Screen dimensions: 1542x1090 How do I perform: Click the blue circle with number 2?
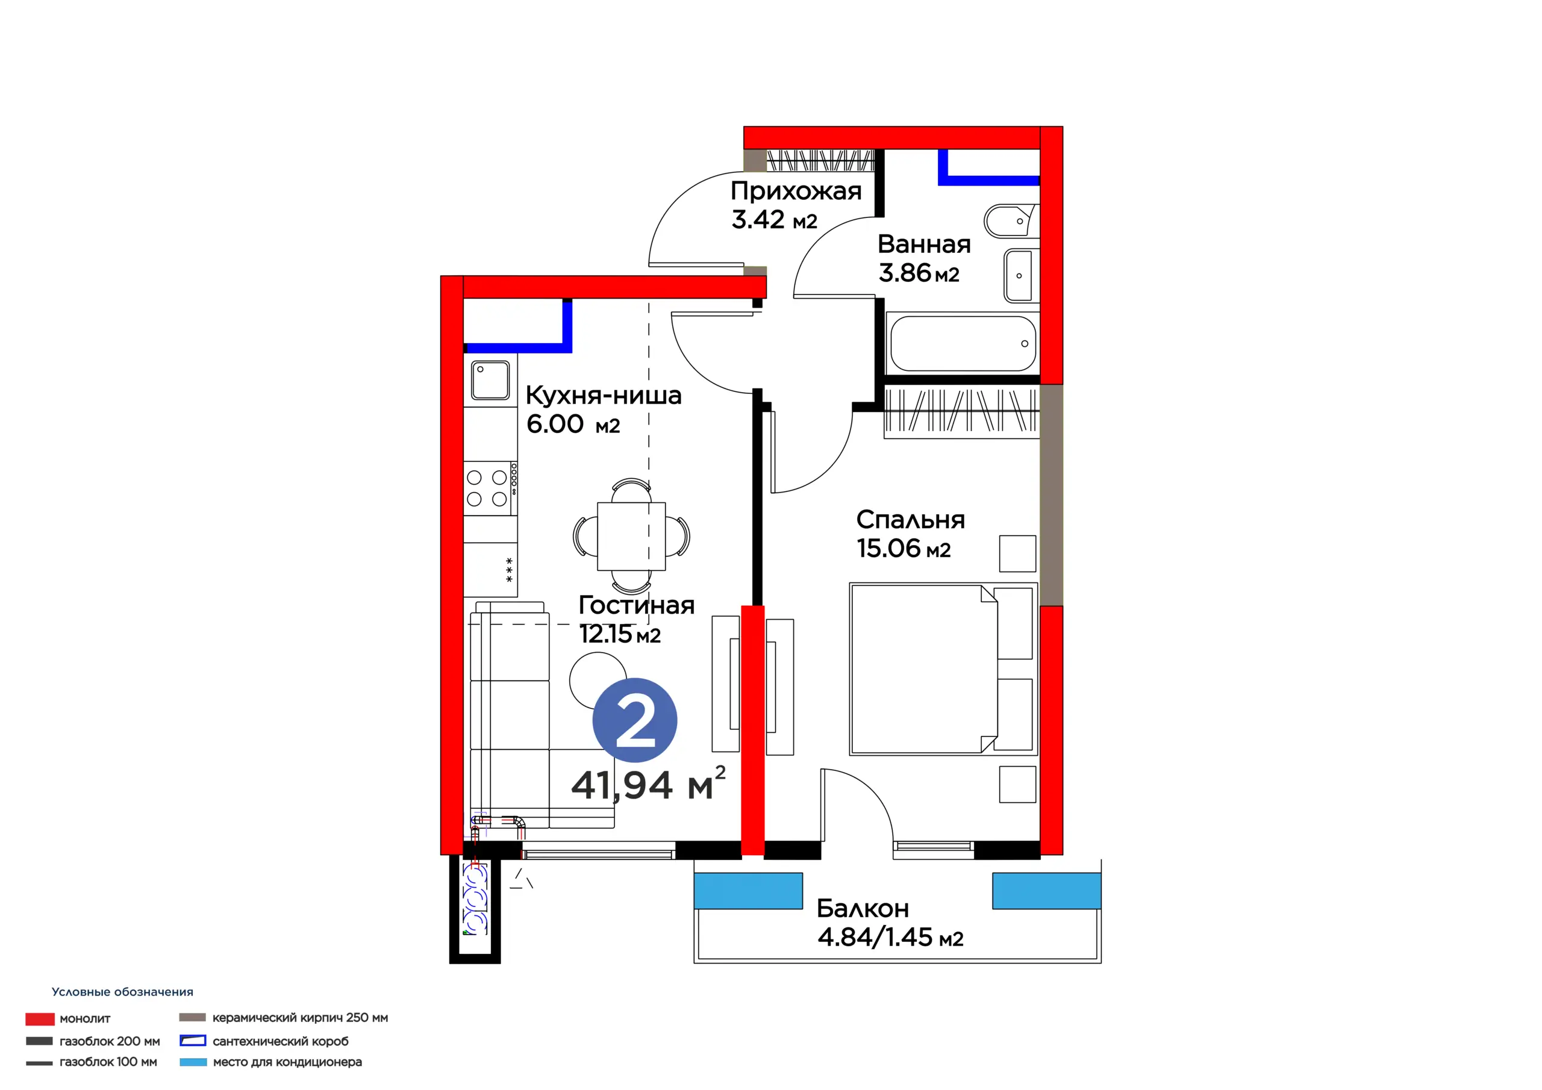[x=635, y=720]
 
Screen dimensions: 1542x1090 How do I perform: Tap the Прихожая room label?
[x=796, y=192]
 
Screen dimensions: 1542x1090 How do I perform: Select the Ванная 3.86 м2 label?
[x=924, y=258]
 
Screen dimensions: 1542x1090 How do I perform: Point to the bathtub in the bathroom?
[x=963, y=343]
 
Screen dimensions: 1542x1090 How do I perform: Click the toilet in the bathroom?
[x=1011, y=221]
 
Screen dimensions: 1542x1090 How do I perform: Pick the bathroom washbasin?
[x=1021, y=275]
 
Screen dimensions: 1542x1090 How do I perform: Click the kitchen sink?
[x=490, y=380]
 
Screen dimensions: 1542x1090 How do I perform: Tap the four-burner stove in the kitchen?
[x=491, y=488]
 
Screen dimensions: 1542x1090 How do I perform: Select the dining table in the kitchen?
[x=631, y=536]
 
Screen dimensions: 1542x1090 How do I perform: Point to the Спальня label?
[x=910, y=520]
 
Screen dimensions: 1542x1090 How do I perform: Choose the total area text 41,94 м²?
[x=648, y=783]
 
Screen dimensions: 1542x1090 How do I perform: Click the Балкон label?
[x=863, y=909]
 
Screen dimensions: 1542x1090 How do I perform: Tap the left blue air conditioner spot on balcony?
[x=748, y=891]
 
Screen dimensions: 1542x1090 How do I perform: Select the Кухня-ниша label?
[x=603, y=396]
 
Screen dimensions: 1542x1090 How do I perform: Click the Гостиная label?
[x=637, y=605]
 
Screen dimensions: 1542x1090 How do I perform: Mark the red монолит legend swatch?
[x=40, y=1019]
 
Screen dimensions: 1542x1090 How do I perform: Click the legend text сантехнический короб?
[x=281, y=1041]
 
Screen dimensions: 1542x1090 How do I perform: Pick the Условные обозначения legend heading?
[x=122, y=992]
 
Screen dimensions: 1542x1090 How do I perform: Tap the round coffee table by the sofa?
[x=598, y=680]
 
